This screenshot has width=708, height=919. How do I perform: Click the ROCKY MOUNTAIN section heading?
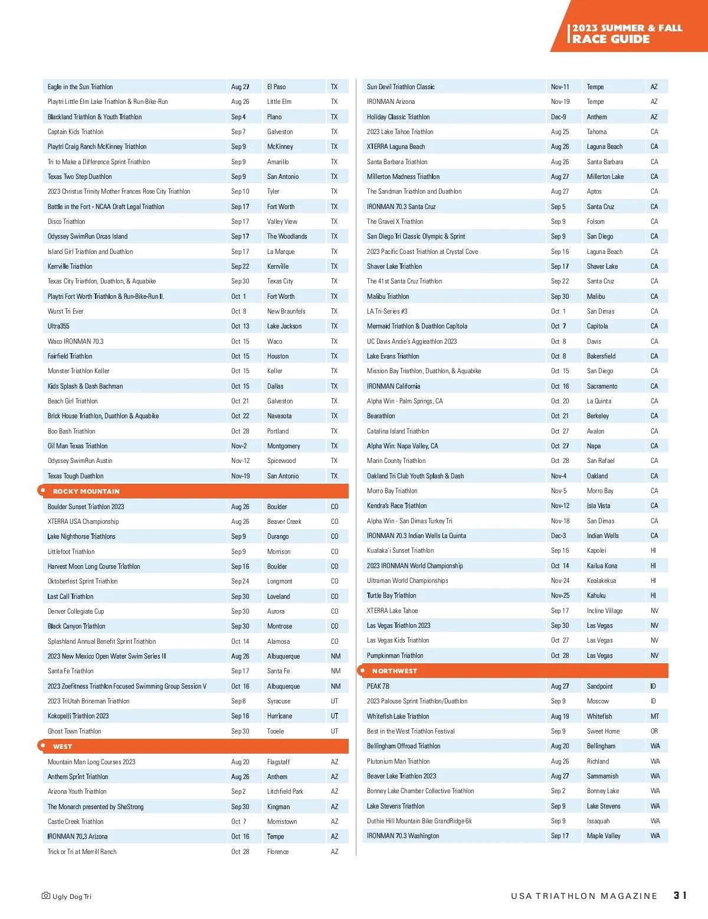[x=86, y=491]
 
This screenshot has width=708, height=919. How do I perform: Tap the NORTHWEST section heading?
[x=394, y=671]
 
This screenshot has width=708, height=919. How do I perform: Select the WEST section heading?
[x=63, y=747]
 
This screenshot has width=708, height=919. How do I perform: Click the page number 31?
[x=680, y=895]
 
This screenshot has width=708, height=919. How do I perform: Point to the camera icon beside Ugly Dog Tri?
[x=46, y=896]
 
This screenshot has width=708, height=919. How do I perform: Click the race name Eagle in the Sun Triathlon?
[x=80, y=87]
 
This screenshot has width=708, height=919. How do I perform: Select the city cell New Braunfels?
[x=286, y=311]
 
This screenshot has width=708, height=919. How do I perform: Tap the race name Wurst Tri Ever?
[x=65, y=311]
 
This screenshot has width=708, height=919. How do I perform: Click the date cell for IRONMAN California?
[x=560, y=386]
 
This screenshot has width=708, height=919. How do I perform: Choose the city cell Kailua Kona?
[x=602, y=566]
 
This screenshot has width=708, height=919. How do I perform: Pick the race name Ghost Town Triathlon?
[x=74, y=731]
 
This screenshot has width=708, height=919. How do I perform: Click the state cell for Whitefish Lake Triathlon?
[x=654, y=716]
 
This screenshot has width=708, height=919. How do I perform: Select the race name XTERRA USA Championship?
[x=83, y=522]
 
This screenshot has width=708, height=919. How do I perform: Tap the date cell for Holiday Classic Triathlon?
[x=558, y=117]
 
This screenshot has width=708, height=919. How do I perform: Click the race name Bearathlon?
[x=381, y=416]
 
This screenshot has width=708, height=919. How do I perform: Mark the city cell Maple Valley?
[x=604, y=836]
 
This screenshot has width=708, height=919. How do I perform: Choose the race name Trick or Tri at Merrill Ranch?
[x=82, y=852]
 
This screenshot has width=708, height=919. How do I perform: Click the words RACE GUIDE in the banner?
[x=611, y=39]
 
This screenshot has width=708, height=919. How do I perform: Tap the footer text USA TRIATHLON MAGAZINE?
[x=584, y=896]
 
